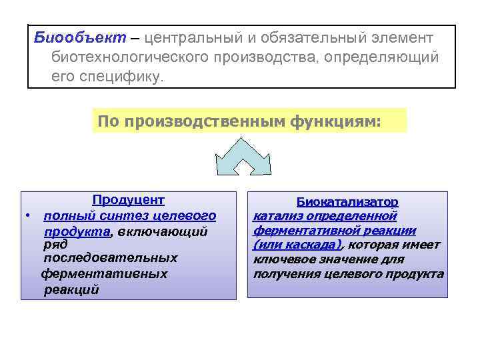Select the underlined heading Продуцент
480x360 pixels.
click(129, 200)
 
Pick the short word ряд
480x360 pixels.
click(55, 244)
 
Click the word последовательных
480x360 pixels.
click(110, 258)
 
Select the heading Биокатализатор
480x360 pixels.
click(347, 201)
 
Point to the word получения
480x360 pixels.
click(282, 274)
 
